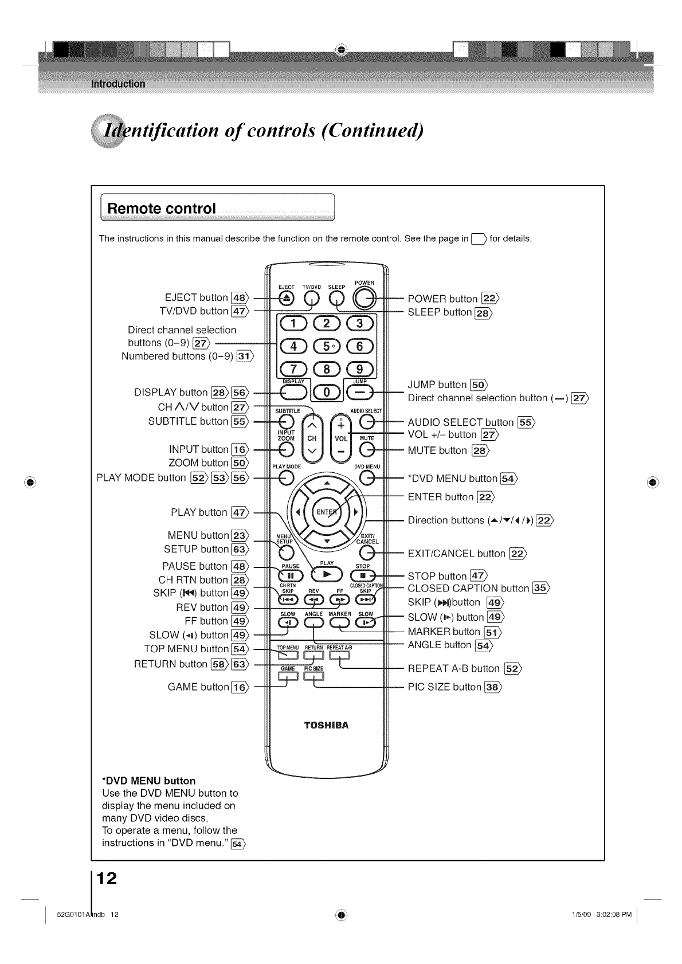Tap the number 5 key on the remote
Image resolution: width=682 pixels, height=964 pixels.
click(326, 347)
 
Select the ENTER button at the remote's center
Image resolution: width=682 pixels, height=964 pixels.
click(327, 511)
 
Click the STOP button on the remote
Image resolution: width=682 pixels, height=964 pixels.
click(363, 575)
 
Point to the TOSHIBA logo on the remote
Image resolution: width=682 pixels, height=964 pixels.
click(326, 725)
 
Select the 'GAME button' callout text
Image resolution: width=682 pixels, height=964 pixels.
click(198, 687)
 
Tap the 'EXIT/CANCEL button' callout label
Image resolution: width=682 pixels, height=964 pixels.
click(456, 554)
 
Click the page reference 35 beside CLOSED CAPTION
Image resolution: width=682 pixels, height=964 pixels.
click(540, 587)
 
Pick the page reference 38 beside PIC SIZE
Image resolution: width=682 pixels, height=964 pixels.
click(492, 687)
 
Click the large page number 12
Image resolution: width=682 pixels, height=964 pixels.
click(107, 878)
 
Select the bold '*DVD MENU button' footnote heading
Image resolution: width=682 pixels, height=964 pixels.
click(148, 781)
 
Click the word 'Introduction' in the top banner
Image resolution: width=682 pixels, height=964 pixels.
click(118, 84)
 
